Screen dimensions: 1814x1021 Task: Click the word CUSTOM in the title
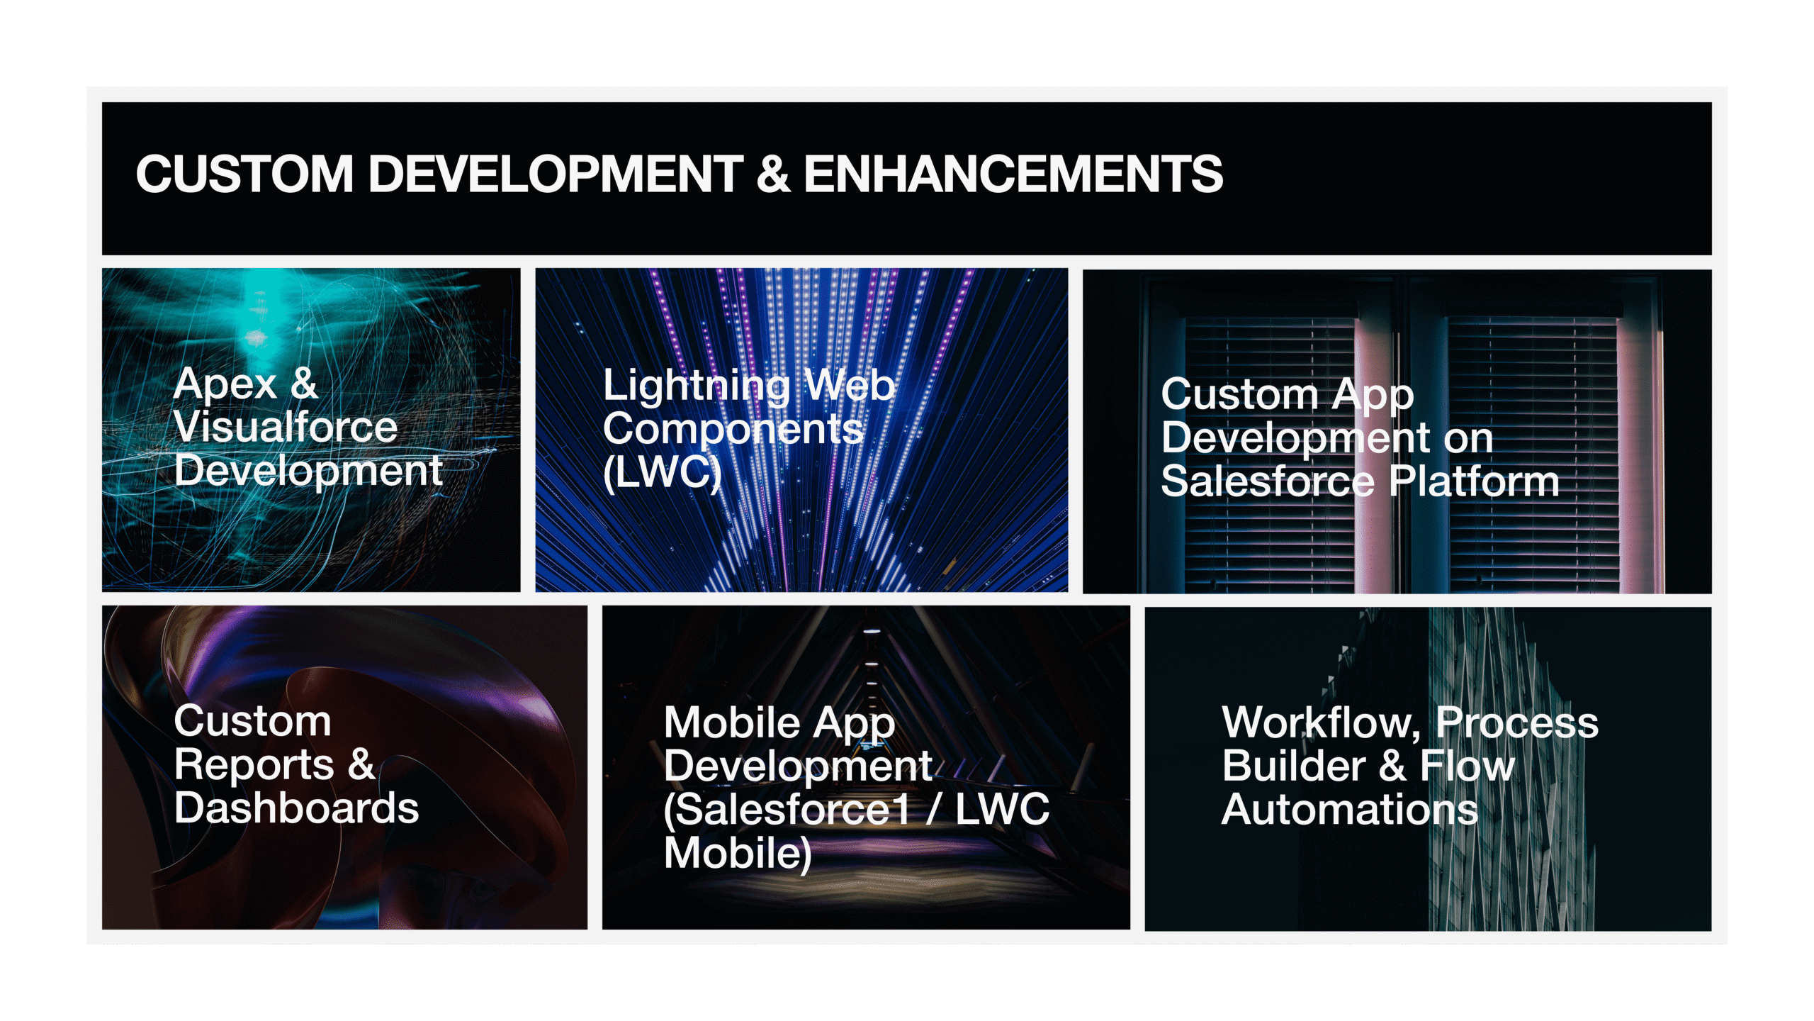(244, 174)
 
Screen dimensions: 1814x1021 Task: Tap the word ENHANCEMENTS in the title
(1013, 174)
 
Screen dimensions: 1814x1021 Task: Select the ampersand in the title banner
(773, 174)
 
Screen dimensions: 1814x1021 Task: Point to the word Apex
(225, 384)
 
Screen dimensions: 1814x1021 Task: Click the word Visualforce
(286, 427)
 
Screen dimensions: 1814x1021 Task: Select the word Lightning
(697, 387)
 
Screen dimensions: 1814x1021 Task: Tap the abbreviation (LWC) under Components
(662, 473)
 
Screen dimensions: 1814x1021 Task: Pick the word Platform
(1474, 481)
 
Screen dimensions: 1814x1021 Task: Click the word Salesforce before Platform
(1267, 481)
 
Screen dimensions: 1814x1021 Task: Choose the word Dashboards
(296, 808)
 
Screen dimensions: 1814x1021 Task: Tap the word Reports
(254, 765)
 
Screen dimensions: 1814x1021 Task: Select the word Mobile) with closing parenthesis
(738, 853)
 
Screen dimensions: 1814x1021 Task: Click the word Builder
(1294, 766)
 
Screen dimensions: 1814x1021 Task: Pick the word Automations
(1350, 809)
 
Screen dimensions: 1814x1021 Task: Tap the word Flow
(1467, 766)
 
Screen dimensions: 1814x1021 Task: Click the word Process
(1517, 722)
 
